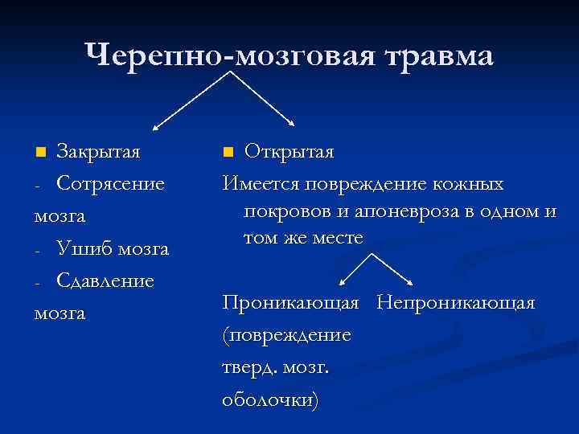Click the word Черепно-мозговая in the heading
pos(232,55)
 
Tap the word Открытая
pos(289,151)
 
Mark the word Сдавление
pos(105,281)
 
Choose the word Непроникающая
pos(456,303)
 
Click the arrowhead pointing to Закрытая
pos(157,126)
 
